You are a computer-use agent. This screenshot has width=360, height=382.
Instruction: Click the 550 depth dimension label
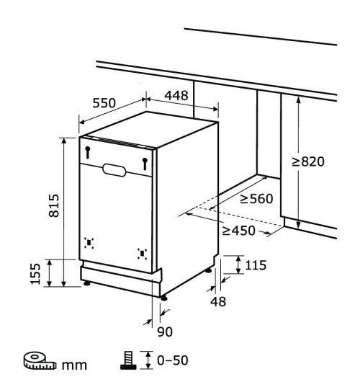point(104,103)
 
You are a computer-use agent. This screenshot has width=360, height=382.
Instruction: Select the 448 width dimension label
point(176,95)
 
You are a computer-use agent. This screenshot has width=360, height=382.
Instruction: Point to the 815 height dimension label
point(54,205)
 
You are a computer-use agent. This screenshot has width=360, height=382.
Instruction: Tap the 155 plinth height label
point(35,274)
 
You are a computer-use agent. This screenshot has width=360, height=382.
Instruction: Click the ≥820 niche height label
point(308,161)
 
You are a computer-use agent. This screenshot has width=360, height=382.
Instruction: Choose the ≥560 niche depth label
point(256,198)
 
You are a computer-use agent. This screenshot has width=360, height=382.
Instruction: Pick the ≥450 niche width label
point(239,231)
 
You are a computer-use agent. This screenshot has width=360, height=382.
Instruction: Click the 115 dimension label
point(256,265)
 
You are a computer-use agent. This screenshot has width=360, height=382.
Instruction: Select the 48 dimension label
point(218,301)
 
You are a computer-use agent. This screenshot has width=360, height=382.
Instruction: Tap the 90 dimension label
point(165,332)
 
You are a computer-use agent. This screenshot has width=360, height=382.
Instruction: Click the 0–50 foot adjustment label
point(173,360)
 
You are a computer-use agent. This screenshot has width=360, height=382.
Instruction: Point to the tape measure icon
point(40,360)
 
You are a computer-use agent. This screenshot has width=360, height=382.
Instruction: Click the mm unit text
point(74,365)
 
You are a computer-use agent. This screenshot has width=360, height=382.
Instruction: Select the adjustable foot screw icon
point(128,360)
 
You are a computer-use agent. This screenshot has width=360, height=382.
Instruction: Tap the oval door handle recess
point(114,170)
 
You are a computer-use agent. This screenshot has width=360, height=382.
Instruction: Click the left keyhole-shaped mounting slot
point(88,153)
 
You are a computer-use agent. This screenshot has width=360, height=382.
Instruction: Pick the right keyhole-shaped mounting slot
point(145,164)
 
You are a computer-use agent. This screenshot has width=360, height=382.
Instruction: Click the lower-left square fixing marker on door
point(89,243)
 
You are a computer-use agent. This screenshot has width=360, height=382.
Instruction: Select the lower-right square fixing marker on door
point(142,254)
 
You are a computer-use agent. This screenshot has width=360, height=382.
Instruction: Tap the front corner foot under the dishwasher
point(164,298)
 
